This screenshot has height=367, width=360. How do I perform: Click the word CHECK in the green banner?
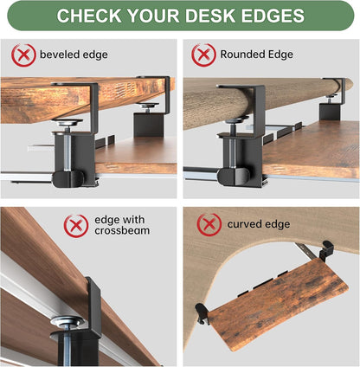pyautogui.click(x=95, y=16)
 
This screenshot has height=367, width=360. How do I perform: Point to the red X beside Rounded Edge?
pyautogui.click(x=202, y=55)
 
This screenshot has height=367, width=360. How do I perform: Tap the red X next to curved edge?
pyautogui.click(x=209, y=225)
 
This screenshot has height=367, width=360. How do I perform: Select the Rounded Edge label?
pyautogui.click(x=256, y=55)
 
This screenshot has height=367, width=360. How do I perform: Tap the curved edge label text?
pyautogui.click(x=259, y=225)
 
